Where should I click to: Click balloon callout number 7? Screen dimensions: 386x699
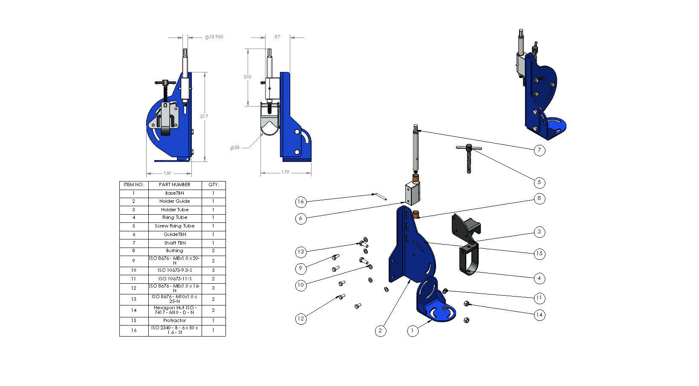click(539, 150)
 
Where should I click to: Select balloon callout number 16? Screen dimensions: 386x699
click(301, 201)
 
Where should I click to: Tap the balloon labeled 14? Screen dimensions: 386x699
click(540, 315)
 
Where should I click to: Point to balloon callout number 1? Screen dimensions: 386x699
click(412, 331)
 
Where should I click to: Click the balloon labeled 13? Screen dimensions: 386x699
click(301, 252)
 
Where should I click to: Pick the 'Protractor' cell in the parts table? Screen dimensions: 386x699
click(175, 320)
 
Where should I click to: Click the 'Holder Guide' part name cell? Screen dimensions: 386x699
click(175, 201)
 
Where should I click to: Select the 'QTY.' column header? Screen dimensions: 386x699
click(214, 185)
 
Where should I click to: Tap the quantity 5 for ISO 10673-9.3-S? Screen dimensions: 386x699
click(214, 270)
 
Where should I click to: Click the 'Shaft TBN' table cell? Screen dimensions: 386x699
click(175, 243)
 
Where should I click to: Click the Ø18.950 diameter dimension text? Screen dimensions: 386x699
click(214, 37)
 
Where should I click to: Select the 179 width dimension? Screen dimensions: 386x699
click(285, 173)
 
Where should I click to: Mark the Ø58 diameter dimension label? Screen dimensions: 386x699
click(235, 148)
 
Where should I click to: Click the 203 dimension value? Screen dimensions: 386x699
click(247, 77)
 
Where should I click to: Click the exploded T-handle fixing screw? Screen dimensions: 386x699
click(468, 158)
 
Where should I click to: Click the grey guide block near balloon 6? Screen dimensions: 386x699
click(412, 193)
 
